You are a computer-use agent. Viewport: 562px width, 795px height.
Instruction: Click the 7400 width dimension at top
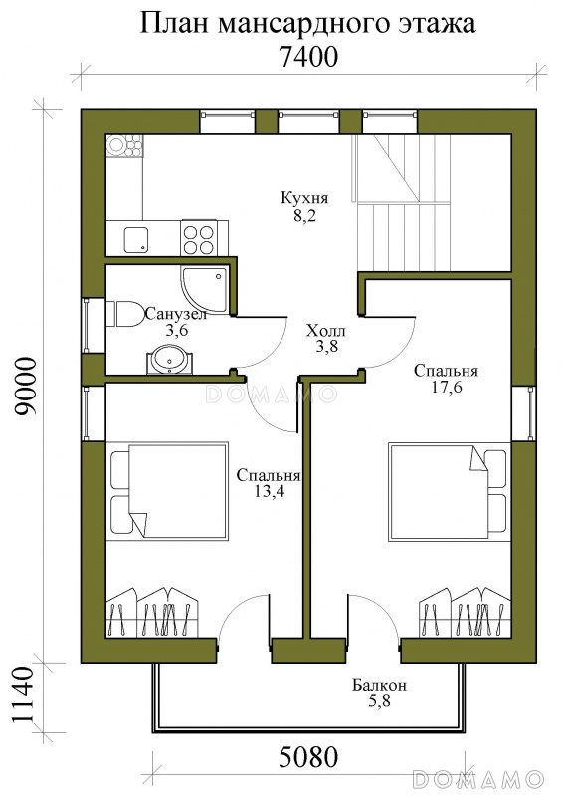tap(308, 57)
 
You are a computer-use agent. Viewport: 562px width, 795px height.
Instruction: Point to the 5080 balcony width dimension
tap(308, 757)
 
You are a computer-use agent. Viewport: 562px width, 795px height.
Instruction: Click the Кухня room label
tap(304, 197)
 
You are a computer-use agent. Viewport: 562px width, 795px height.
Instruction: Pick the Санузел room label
tap(176, 314)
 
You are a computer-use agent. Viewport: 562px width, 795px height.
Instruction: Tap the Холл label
tap(325, 331)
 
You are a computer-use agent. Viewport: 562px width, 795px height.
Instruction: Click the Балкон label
tap(379, 686)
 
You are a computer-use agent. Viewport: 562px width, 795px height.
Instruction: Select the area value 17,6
tap(446, 389)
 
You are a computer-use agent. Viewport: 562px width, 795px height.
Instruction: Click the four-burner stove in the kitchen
tap(198, 238)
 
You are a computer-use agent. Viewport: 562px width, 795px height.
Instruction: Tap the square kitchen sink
tap(136, 238)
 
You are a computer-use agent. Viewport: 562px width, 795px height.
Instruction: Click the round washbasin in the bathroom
tap(169, 359)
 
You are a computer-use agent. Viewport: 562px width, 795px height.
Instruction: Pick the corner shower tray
tap(204, 289)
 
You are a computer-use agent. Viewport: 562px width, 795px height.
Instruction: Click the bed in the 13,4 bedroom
tap(168, 491)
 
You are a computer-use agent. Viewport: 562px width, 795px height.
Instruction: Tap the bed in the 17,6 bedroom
tap(449, 491)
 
